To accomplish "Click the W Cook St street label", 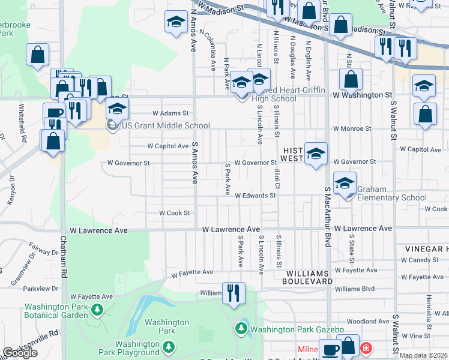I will [x=174, y=212].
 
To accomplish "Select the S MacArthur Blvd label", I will [x=328, y=216].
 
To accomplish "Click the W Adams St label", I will [x=170, y=112].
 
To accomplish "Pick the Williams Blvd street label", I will [x=355, y=288].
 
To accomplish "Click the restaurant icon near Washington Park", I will [x=232, y=293].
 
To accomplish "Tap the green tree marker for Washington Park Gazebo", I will [x=241, y=328].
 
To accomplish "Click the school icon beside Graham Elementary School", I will [x=345, y=183].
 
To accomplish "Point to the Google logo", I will [x=19, y=353].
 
